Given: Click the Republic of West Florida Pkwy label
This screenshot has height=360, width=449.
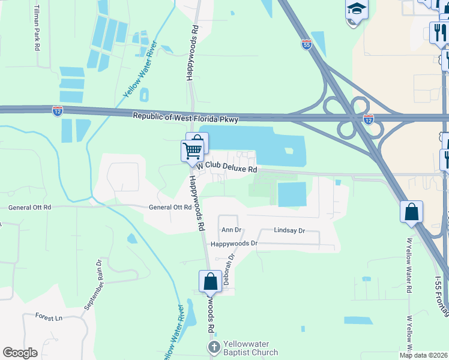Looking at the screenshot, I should pos(185,118).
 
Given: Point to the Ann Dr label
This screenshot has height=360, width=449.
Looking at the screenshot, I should pos(231,230).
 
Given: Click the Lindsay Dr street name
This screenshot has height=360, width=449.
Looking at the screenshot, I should pos(289,230).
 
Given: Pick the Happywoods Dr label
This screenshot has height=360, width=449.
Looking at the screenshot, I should pos(234,244).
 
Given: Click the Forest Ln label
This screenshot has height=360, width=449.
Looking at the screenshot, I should pos(49,316).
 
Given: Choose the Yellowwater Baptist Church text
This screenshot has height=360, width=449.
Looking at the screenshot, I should pos(251,348).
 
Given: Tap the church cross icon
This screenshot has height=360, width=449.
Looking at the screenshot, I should pos(214,347).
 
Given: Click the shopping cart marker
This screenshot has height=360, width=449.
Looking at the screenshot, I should pos(192,150).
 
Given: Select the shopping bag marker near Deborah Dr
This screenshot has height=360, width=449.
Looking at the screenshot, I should pos(210,281).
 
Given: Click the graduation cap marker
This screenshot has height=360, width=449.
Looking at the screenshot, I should pos(355,10).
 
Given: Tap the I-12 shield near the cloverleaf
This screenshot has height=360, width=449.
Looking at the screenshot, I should pos(368,119).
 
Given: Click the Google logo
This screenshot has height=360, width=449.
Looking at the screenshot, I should pos(20,353).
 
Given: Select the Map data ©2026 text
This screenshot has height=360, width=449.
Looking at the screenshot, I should pos(423,355).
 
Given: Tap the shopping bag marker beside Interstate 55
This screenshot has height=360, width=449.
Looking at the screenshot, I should pos(412,212).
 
